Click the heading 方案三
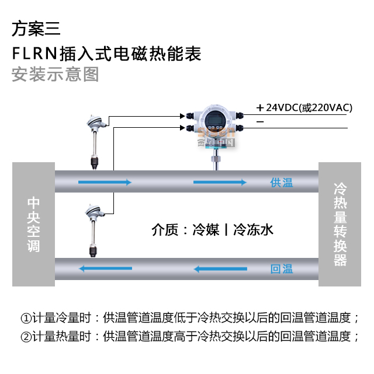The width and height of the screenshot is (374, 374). coord(36,29)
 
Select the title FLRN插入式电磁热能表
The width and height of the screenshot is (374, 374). coord(106,54)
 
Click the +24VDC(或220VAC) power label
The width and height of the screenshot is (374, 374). coord(304,107)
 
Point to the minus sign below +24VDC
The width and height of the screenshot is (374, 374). coord(260,122)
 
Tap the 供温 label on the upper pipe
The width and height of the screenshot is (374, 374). coord(282,183)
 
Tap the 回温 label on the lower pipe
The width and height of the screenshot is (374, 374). coord(282,270)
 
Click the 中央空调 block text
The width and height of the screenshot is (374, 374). coord(34,224)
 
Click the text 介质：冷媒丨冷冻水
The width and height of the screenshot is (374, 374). coord(212,229)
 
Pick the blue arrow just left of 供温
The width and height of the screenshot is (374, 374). coord(220,183)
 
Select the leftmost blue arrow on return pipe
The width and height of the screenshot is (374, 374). coord(106,269)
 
